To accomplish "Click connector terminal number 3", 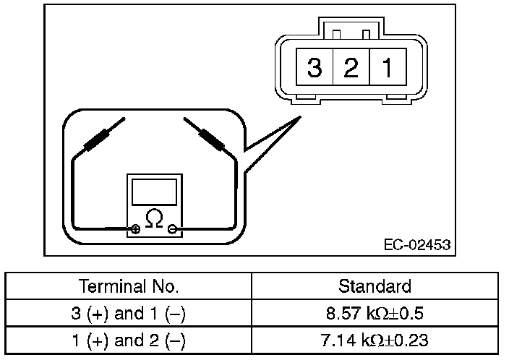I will tap(314, 69).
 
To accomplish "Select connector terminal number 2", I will tap(351, 69).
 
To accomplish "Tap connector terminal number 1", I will tap(388, 69).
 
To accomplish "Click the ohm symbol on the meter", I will tap(154, 218).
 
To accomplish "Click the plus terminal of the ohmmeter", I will tap(135, 230).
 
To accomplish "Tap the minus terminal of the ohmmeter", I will tap(172, 230).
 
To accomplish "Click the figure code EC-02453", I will tap(416, 245).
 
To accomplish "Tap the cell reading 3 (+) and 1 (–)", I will tap(129, 313).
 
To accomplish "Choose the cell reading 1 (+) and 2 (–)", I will tap(129, 340).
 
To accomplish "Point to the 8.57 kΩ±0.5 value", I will tap(375, 313).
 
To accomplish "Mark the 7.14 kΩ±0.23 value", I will tap(375, 340).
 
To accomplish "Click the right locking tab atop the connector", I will tap(366, 34).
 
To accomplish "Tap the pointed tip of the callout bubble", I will tap(299, 119).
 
